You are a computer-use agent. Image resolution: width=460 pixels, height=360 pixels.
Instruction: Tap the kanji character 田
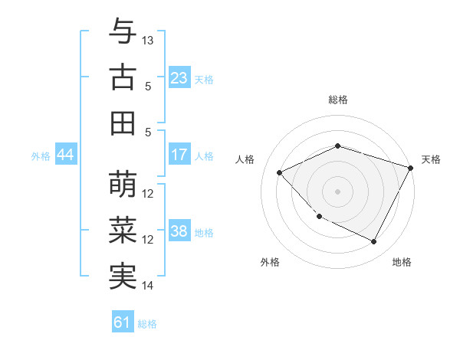[x=123, y=123]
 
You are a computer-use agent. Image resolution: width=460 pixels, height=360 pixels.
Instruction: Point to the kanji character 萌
[x=123, y=184]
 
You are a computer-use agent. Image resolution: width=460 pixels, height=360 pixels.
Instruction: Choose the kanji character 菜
[x=123, y=230]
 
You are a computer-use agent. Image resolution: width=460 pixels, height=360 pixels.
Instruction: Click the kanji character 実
[x=123, y=276]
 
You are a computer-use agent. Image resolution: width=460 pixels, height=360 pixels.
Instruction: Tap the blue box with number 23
[x=179, y=78]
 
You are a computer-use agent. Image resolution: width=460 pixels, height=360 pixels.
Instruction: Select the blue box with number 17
[x=179, y=155]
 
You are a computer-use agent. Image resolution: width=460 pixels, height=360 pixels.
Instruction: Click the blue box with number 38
[x=179, y=232]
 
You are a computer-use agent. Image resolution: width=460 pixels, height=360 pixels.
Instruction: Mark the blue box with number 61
[x=123, y=322]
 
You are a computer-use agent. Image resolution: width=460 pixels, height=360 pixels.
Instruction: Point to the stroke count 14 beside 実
[x=148, y=286]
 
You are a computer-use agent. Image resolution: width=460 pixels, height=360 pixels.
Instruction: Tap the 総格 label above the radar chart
[x=337, y=100]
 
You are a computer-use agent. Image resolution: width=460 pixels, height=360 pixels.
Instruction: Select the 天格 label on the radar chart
[x=431, y=159]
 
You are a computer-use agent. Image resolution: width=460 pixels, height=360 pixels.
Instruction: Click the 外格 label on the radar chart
[x=270, y=262]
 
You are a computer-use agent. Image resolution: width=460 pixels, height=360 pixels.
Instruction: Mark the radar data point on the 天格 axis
[x=411, y=167]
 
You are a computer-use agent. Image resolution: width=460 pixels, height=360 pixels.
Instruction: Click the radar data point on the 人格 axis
[x=280, y=173]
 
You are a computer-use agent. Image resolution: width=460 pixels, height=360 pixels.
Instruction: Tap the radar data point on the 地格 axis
[x=373, y=242]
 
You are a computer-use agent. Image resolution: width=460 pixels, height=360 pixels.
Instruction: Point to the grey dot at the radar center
[x=337, y=191]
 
